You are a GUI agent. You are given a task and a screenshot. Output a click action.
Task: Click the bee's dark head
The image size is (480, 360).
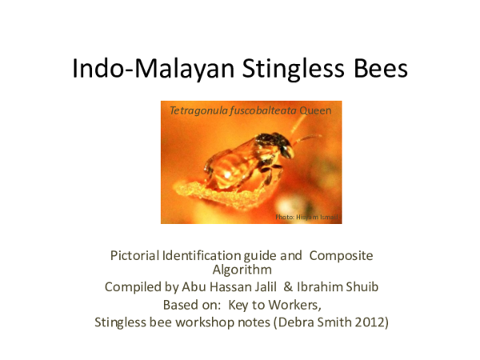point(280,143)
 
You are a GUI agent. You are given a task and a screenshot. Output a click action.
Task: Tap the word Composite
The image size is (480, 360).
point(340,255)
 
